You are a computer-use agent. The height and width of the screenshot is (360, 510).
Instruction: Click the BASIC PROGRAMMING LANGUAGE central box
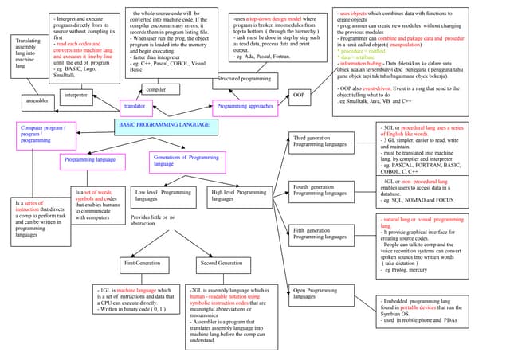tap(164, 127)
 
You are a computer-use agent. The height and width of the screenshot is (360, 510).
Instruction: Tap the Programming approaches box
tap(245, 106)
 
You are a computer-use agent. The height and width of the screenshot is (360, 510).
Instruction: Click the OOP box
tap(299, 97)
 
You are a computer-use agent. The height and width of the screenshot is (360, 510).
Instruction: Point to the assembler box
tap(37, 103)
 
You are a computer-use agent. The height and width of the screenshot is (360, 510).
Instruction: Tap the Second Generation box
tap(220, 264)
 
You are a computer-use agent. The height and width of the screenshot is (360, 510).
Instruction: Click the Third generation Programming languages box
tap(320, 143)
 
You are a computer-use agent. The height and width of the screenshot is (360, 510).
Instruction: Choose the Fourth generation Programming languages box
tap(320, 190)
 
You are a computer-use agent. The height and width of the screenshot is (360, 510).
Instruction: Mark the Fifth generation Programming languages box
tap(320, 234)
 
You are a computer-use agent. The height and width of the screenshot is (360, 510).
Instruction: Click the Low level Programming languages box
tap(162, 196)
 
